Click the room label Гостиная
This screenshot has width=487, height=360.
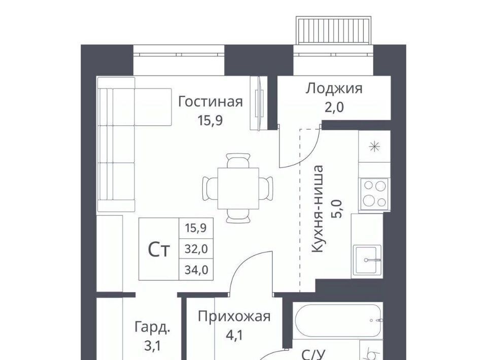pyautogui.click(x=210, y=102)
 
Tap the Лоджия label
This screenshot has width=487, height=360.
pyautogui.click(x=334, y=89)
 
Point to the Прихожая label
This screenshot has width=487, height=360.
pyautogui.click(x=234, y=316)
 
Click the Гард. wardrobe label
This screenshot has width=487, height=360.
pyautogui.click(x=153, y=328)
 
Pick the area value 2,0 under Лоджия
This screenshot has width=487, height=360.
pyautogui.click(x=334, y=107)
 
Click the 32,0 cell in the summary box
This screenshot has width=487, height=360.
pyautogui.click(x=196, y=249)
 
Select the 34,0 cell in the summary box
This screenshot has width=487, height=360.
pyautogui.click(x=196, y=270)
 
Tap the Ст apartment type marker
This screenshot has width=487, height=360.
pyautogui.click(x=159, y=249)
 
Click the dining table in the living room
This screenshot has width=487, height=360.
pyautogui.click(x=238, y=189)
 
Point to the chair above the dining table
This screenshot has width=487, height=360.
pyautogui.click(x=238, y=160)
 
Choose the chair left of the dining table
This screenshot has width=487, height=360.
pyautogui.click(x=210, y=189)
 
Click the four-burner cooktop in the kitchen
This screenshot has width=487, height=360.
pyautogui.click(x=374, y=194)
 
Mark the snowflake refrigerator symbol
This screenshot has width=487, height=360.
pyautogui.click(x=374, y=147)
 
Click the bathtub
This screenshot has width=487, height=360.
pyautogui.click(x=338, y=320)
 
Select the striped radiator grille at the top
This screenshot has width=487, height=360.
pyautogui.click(x=334, y=30)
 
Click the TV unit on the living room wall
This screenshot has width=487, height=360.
pyautogui.click(x=259, y=103)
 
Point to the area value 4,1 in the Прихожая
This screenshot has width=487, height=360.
pyautogui.click(x=234, y=335)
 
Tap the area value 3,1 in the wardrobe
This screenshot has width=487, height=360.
pyautogui.click(x=153, y=346)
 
